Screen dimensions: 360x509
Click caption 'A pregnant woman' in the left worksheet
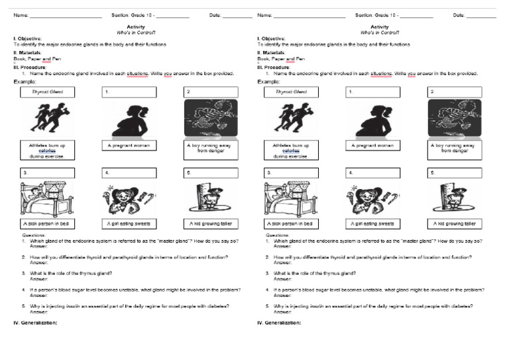point(129,145)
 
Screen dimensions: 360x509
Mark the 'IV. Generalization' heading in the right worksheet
point(279,323)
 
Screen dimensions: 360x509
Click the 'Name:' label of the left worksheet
point(21,15)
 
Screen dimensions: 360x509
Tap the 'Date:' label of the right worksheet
point(459,15)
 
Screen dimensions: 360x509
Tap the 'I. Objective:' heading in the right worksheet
point(272,38)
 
